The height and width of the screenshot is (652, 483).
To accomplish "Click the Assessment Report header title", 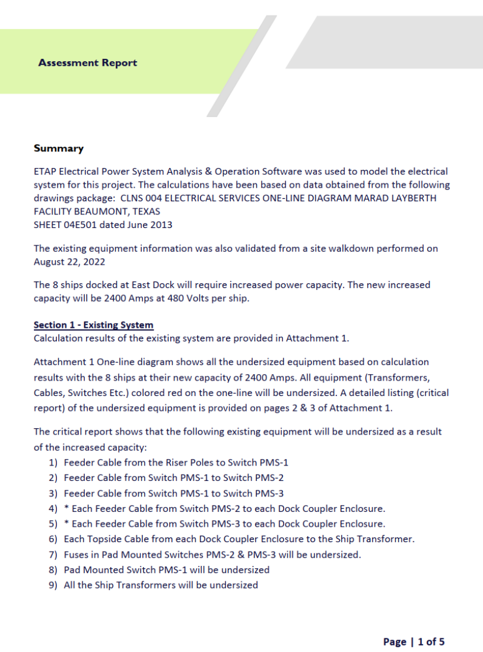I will pos(87,62).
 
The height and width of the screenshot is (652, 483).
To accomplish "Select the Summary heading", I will pos(59,148).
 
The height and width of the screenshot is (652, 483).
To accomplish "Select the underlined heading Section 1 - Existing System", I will pos(93,325).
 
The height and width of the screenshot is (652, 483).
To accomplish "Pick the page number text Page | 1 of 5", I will pos(414,641).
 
